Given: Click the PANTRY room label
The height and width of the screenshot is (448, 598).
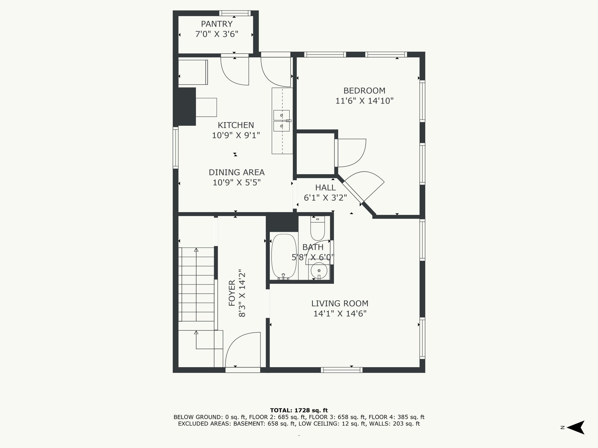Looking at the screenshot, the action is [217, 24].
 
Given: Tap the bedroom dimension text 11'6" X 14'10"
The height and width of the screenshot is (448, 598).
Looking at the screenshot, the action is [364, 101].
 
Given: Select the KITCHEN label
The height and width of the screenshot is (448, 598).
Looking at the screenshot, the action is [236, 125].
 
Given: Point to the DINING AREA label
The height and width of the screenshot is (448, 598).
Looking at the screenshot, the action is [237, 172].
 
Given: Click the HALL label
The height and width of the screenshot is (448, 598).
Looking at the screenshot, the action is [325, 188].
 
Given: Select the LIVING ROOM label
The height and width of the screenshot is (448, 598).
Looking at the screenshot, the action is [340, 304].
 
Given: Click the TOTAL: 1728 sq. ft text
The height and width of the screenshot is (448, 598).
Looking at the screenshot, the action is [299, 410].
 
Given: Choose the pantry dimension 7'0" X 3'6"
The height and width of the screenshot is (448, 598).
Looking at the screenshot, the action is [217, 34].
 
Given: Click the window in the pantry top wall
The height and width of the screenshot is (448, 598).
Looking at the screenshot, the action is [235, 13].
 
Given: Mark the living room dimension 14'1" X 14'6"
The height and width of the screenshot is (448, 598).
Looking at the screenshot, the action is [340, 314].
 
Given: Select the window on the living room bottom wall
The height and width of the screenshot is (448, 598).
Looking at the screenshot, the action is [342, 370].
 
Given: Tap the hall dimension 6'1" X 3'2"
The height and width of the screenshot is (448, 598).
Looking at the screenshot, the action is [325, 198].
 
